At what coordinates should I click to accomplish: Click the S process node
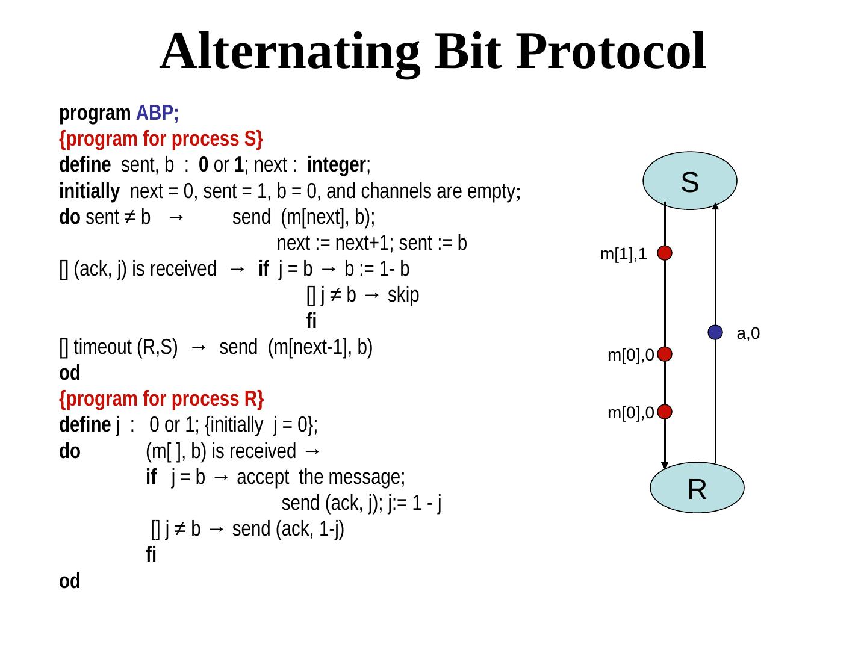pyautogui.click(x=690, y=181)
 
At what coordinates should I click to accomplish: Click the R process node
pyautogui.click(x=697, y=488)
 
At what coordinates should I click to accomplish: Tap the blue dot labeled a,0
pyautogui.click(x=715, y=332)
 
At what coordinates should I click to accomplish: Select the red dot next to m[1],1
pyautogui.click(x=665, y=253)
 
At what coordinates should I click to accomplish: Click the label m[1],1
pyautogui.click(x=624, y=255)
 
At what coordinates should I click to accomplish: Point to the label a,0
pyautogui.click(x=748, y=333)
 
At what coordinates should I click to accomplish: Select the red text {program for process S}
pyautogui.click(x=161, y=139)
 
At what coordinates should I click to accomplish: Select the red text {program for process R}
pyautogui.click(x=161, y=399)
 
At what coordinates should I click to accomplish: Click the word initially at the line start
pyautogui.click(x=89, y=191)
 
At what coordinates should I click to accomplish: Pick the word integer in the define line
pyautogui.click(x=337, y=165)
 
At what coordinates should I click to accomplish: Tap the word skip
pyautogui.click(x=403, y=295)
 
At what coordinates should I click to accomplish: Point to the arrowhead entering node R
pyautogui.click(x=665, y=465)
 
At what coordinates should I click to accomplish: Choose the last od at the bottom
pyautogui.click(x=70, y=581)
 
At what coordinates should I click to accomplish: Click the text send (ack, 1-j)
pyautogui.click(x=288, y=530)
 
